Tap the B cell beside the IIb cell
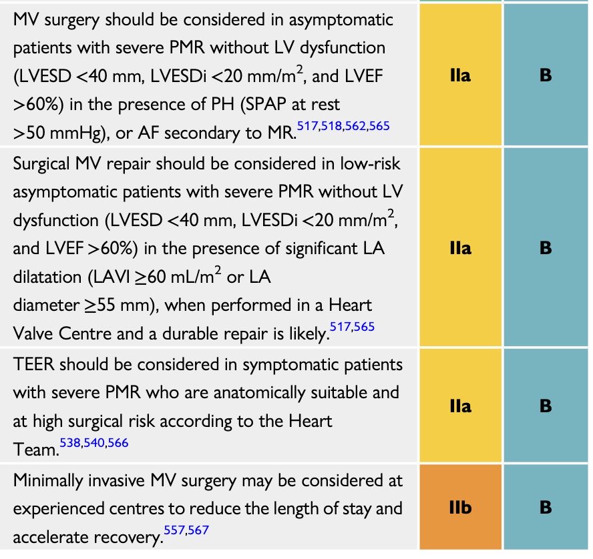click(x=546, y=508)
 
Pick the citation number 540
click(x=100, y=442)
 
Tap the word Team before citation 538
click(x=35, y=450)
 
